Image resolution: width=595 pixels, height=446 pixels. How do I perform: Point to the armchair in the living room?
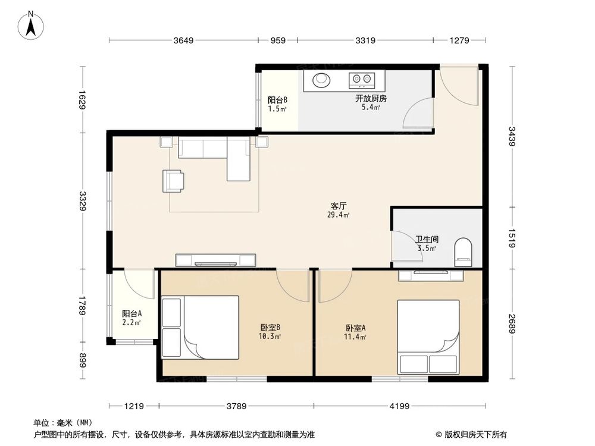173,181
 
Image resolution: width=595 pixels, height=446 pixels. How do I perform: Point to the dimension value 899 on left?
83,360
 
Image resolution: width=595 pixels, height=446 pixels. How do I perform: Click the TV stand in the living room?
216,260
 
